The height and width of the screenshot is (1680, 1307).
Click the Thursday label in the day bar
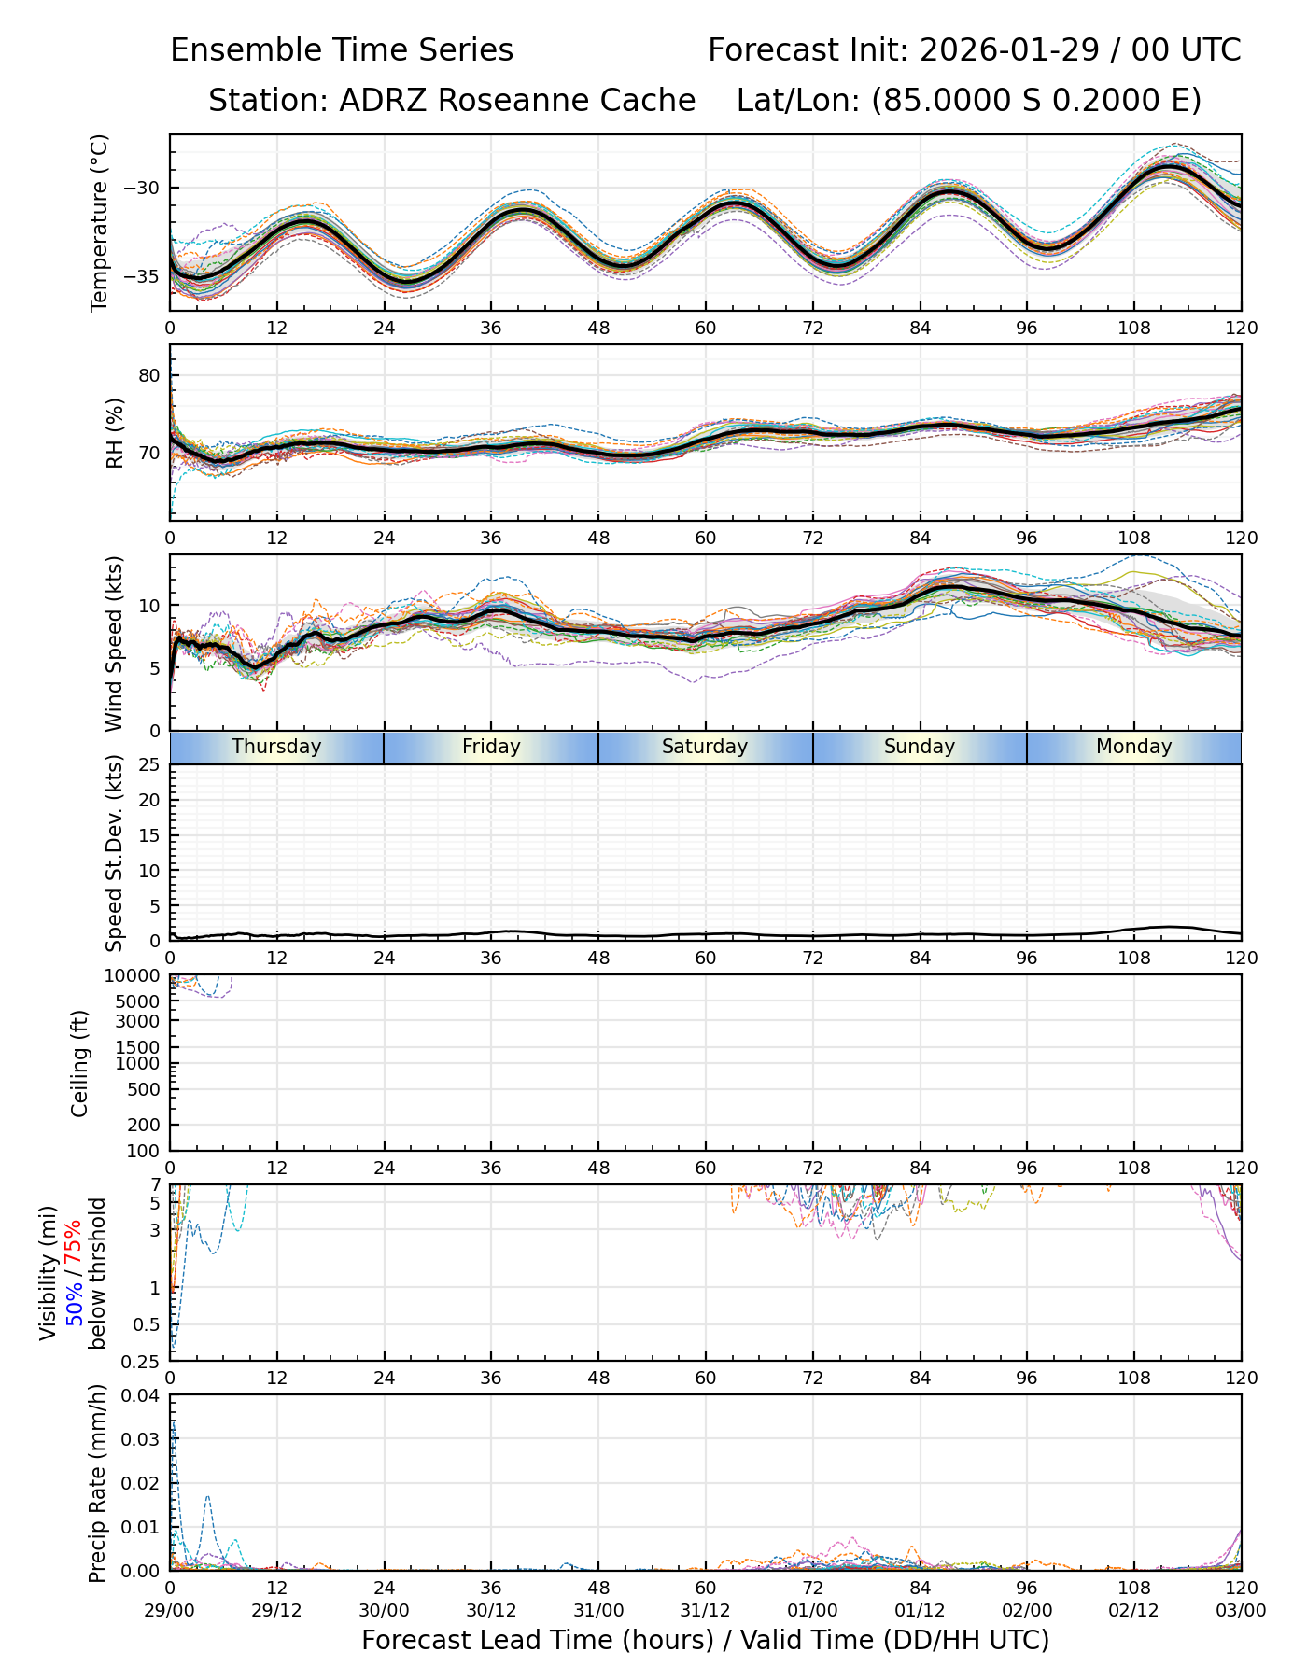click(x=276, y=747)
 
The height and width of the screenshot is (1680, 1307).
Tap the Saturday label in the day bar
click(x=705, y=747)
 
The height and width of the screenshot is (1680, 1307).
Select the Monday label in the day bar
click(x=1133, y=747)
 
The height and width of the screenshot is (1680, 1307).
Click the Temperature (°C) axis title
click(x=100, y=222)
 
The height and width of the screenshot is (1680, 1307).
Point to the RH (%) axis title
click(x=115, y=432)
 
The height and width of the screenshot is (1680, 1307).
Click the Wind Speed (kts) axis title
click(x=114, y=643)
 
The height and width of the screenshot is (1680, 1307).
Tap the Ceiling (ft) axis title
click(x=80, y=1063)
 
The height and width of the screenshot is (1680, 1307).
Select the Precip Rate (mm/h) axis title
click(x=97, y=1482)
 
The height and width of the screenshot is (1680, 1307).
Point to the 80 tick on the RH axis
click(x=150, y=376)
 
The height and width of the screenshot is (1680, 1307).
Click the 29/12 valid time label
click(x=276, y=1610)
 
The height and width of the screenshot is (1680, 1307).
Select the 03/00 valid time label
click(x=1241, y=1610)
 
